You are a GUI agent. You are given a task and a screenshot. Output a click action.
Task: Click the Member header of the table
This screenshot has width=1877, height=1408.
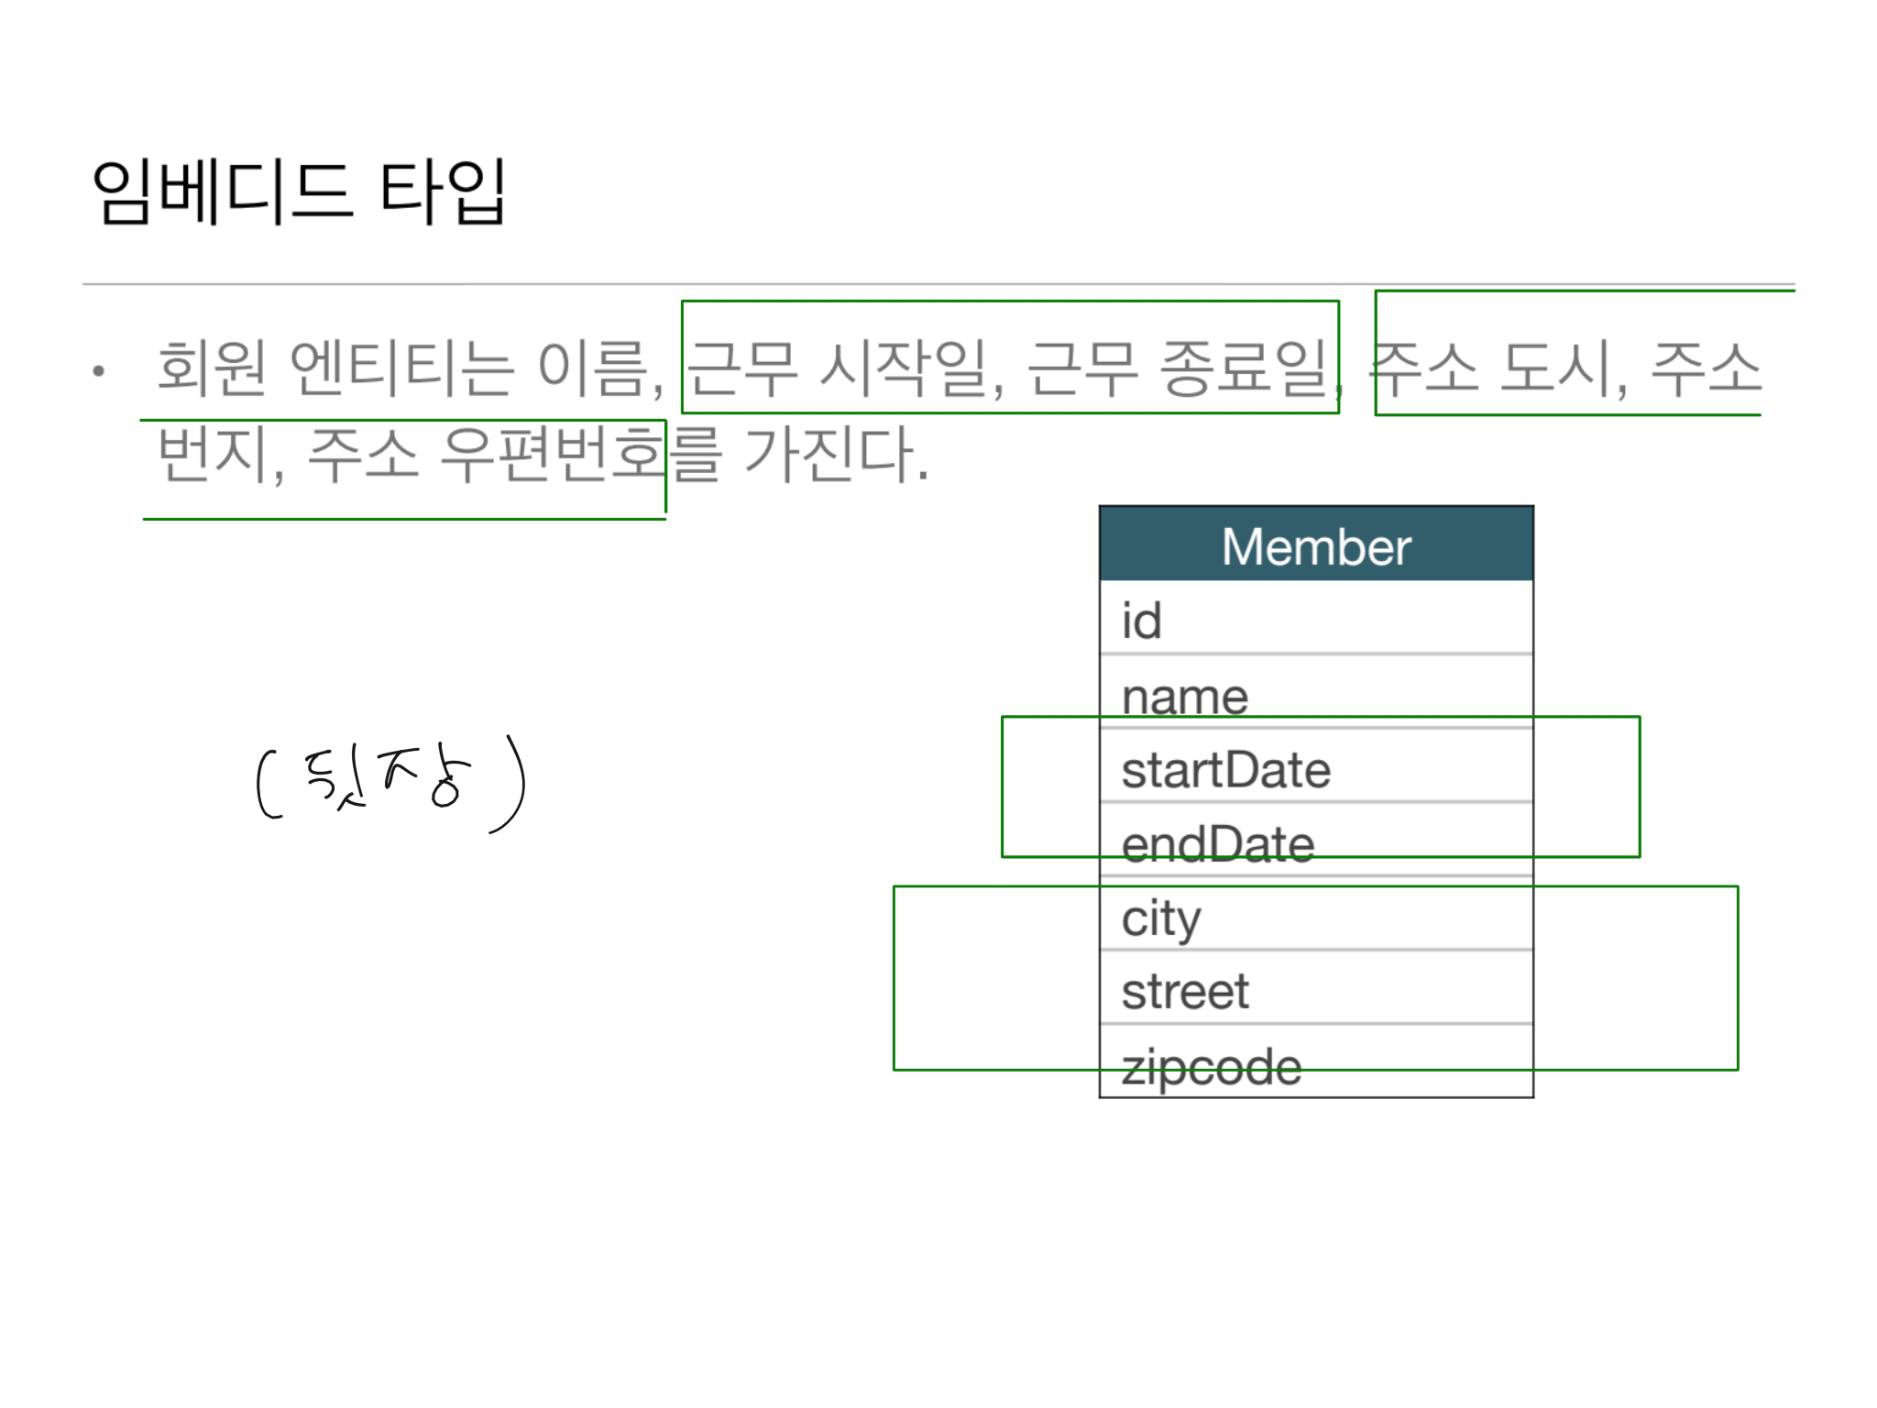[1316, 546]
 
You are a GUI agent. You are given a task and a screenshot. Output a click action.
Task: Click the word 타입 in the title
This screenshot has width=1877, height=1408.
[441, 192]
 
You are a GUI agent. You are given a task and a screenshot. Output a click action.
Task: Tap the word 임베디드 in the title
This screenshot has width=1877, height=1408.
[221, 192]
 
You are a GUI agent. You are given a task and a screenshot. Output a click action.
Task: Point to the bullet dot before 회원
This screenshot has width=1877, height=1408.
[99, 370]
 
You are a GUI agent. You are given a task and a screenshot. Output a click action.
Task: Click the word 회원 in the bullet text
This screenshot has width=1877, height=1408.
[212, 367]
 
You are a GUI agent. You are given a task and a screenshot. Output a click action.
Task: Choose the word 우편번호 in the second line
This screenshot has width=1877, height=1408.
[550, 453]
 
